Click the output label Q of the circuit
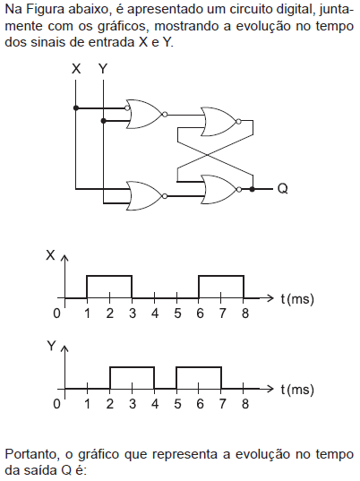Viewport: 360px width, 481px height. pyautogui.click(x=282, y=188)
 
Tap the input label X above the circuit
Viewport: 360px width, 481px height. pyautogui.click(x=76, y=69)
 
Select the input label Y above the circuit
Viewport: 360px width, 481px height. pyautogui.click(x=103, y=69)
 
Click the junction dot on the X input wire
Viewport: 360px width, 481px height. pyautogui.click(x=76, y=108)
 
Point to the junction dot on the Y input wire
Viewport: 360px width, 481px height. pyautogui.click(x=103, y=121)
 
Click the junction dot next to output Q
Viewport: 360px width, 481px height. pyautogui.click(x=252, y=189)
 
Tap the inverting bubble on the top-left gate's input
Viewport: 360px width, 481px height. pyautogui.click(x=127, y=108)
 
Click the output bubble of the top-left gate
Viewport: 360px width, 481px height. pyautogui.click(x=165, y=115)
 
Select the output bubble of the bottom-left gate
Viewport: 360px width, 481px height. pyautogui.click(x=165, y=196)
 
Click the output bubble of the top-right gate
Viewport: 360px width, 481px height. pyautogui.click(x=238, y=122)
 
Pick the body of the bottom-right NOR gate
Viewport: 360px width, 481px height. pyautogui.click(x=219, y=189)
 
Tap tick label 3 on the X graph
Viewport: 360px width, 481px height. pyautogui.click(x=133, y=314)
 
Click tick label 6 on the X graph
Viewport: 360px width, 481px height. pyautogui.click(x=200, y=314)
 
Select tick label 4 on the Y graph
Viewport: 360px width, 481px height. pyautogui.click(x=155, y=404)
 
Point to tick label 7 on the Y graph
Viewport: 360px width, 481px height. pyautogui.click(x=222, y=404)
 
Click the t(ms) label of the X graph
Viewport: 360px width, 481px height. pyautogui.click(x=297, y=298)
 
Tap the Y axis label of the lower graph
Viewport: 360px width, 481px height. pyautogui.click(x=52, y=346)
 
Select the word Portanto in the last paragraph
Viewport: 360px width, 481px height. pyautogui.click(x=32, y=454)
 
